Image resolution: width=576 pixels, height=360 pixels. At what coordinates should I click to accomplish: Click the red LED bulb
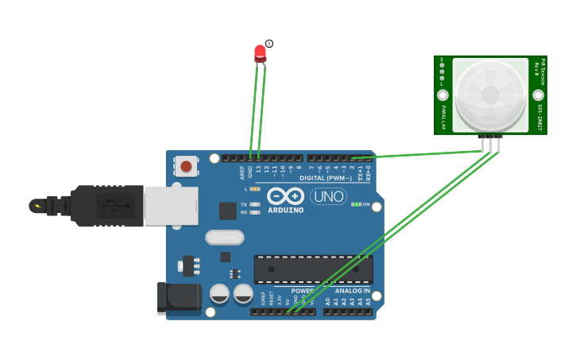coord(260,53)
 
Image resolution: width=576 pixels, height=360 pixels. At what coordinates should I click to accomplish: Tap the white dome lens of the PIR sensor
coord(490,95)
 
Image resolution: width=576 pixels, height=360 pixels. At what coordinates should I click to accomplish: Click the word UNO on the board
coord(327,196)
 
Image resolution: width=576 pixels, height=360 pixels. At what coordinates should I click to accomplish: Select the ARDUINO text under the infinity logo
coord(285,211)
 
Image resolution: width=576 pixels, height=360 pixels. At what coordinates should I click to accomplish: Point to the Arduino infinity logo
coord(285,195)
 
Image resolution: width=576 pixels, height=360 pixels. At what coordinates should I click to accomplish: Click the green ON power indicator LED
coord(357,204)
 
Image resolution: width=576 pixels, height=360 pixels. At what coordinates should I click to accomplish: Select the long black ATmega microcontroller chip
coord(313,269)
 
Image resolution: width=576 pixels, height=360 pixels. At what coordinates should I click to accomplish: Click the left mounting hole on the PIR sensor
coord(443,95)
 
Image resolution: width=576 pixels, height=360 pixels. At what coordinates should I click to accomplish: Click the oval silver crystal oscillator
coord(225,237)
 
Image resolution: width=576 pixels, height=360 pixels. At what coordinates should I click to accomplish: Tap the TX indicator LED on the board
coord(254,204)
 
